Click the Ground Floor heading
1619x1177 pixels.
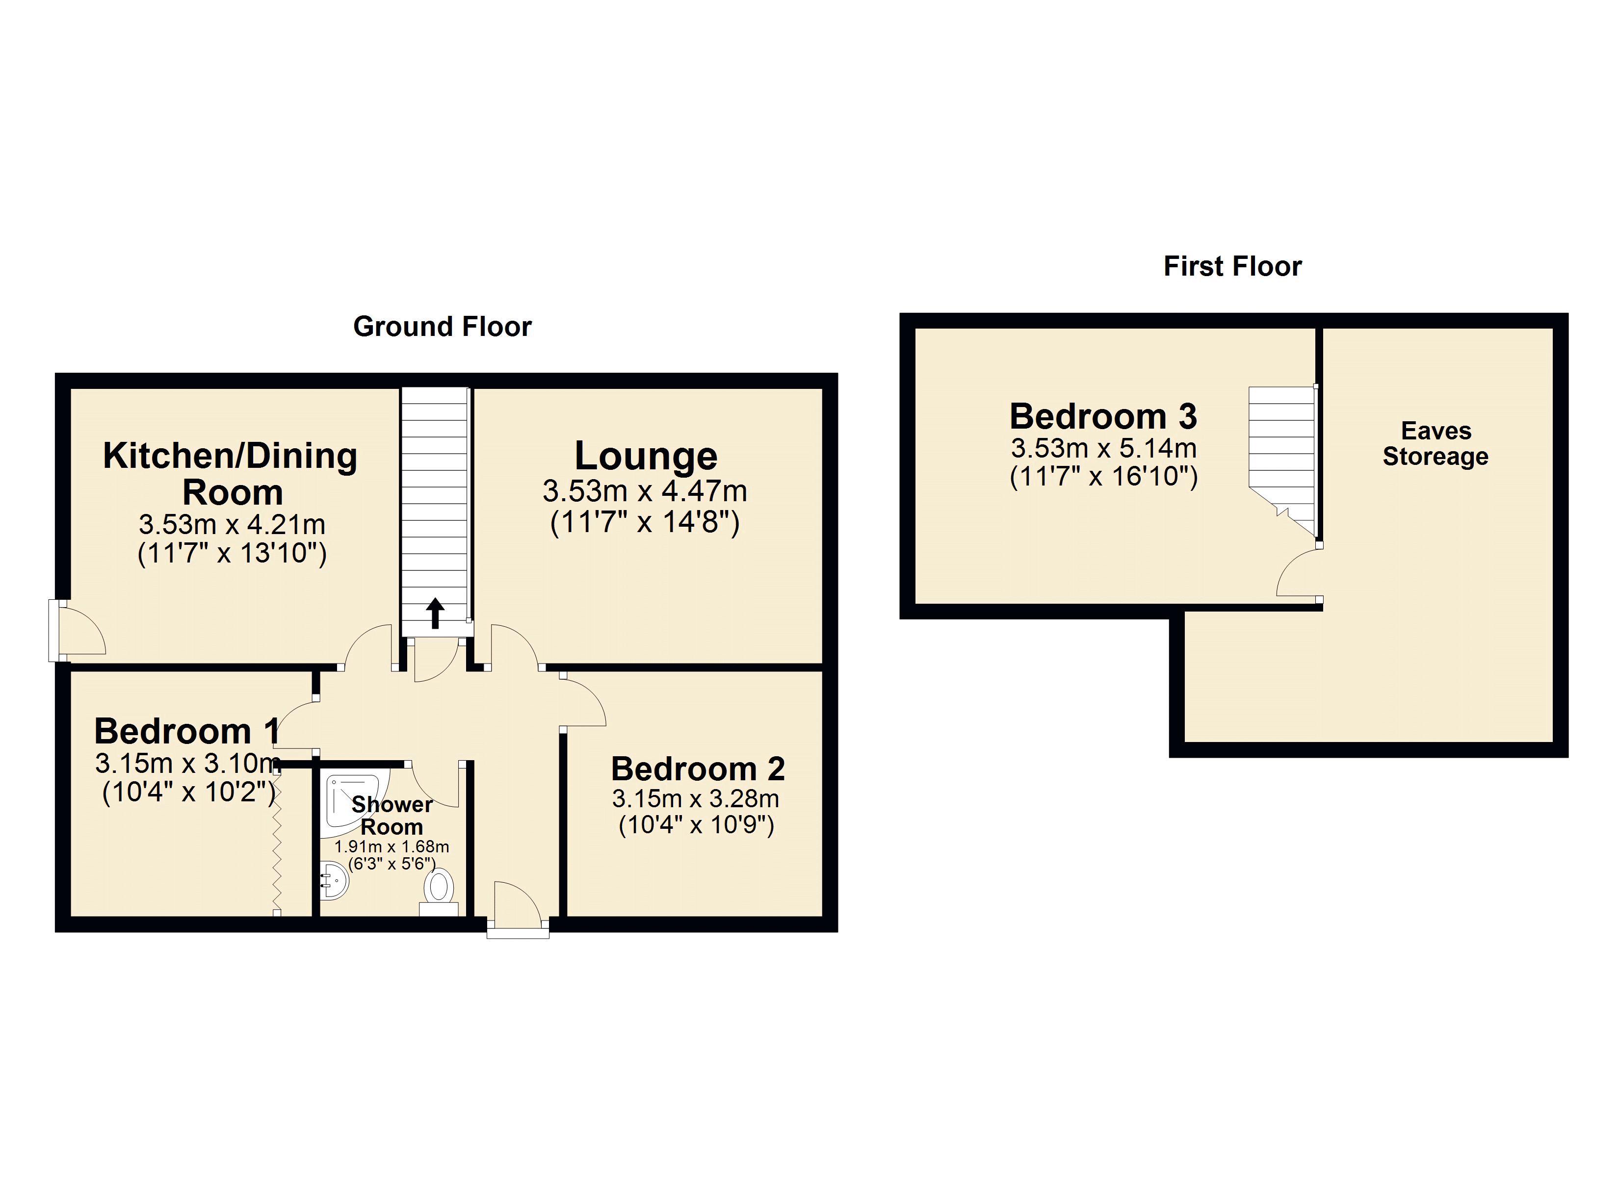pos(442,327)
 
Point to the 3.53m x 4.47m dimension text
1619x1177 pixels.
pos(645,491)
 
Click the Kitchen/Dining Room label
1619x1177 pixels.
pos(231,473)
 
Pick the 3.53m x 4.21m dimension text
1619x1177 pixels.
pos(232,525)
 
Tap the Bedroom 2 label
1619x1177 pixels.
pos(698,768)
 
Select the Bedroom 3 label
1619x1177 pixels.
pos(1103,416)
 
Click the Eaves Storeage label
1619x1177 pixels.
pos(1435,443)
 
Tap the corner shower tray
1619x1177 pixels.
pos(350,803)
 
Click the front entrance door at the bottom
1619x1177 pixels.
pos(518,910)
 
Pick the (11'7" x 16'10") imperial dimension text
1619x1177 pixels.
pos(1103,476)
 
